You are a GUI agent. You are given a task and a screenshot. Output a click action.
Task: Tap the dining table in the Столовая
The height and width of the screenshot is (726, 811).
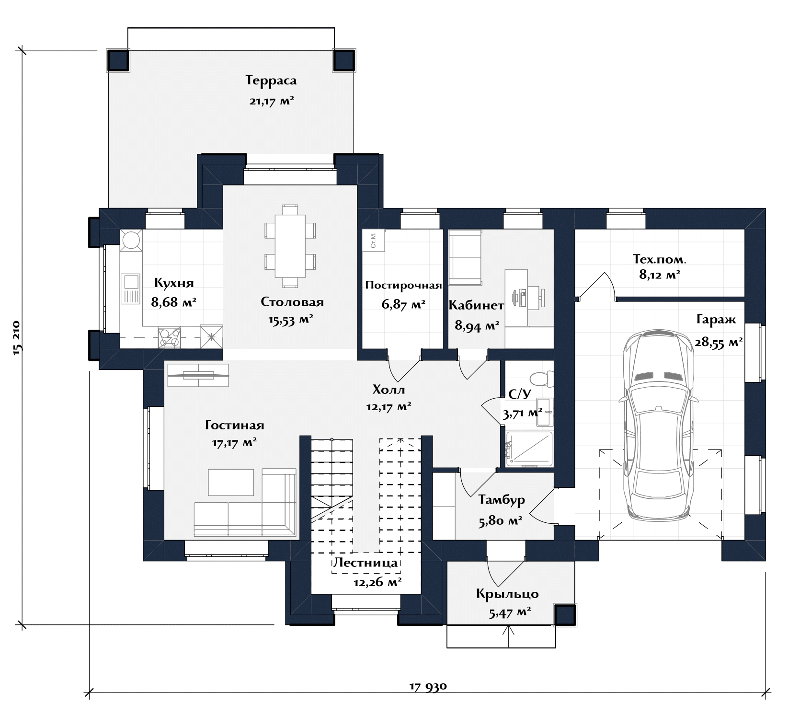[290, 246]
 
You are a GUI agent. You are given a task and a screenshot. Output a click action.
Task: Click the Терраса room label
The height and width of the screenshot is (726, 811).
[271, 80]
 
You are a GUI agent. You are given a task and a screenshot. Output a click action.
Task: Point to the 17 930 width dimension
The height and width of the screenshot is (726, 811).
[428, 686]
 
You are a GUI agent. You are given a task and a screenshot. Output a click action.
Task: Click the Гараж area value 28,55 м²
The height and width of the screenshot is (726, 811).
[719, 342]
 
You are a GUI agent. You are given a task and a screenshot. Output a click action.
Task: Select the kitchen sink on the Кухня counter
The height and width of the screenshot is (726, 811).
[130, 289]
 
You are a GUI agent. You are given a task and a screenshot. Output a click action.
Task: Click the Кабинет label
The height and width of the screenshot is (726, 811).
[476, 305]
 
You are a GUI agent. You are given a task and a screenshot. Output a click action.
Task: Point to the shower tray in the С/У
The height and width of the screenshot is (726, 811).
[529, 449]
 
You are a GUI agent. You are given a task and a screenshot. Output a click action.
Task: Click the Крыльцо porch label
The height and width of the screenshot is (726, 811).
[507, 594]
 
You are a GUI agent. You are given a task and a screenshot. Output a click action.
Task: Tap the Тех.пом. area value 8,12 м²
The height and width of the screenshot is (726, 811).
[660, 275]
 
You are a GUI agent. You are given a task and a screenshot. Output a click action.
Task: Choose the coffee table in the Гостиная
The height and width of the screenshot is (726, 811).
[231, 482]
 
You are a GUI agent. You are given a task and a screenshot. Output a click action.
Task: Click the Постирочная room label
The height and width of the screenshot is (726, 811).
[403, 286]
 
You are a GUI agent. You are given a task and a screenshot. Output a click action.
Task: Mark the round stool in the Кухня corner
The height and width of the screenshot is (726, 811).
[131, 240]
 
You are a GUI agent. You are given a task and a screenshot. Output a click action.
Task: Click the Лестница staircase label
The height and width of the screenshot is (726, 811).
[366, 563]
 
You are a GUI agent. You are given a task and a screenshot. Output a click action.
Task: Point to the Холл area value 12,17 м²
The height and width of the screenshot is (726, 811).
[389, 407]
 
